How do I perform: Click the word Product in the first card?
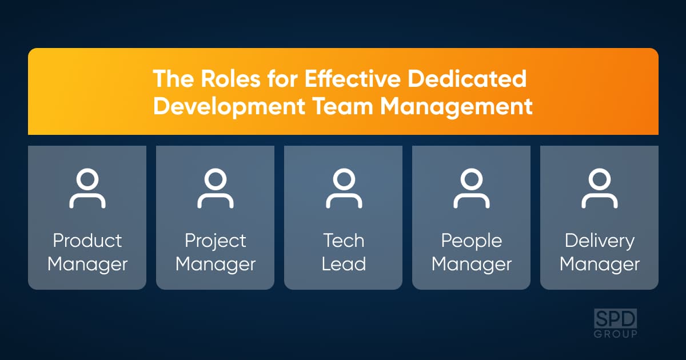pos(87,241)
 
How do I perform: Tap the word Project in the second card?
pos(216,242)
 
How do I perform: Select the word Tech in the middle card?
pos(344,241)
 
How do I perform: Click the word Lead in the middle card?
pos(344,264)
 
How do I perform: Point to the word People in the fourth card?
pos(471,242)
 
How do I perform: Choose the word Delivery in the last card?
pos(600,242)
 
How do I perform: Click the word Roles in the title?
pos(230,79)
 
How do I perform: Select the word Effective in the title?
pos(353,79)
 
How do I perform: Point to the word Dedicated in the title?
pos(467,79)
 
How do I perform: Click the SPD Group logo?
pos(615,323)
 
